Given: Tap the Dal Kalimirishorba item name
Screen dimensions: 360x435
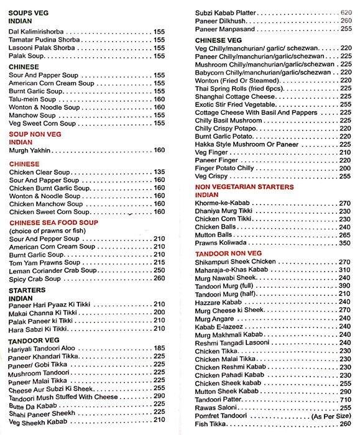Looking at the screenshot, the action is tap(37, 30).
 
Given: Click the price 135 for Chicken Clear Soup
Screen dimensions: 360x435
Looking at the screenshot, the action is tap(159, 172).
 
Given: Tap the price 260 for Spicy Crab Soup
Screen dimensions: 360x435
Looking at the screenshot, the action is tap(159, 279).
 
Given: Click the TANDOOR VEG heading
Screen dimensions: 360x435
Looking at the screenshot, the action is tap(34, 340).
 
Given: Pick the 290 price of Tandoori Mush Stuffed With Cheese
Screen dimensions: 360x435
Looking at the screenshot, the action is tap(159, 396).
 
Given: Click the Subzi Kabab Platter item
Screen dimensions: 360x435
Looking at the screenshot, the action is tap(231, 12).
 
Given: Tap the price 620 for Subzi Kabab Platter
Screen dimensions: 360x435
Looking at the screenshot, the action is tap(346, 12).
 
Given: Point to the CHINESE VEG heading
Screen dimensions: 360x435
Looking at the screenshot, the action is tap(218, 40).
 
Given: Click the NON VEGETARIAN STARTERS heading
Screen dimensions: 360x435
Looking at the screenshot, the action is tap(244, 186).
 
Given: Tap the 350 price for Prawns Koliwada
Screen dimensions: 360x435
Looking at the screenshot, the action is tap(346, 244).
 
